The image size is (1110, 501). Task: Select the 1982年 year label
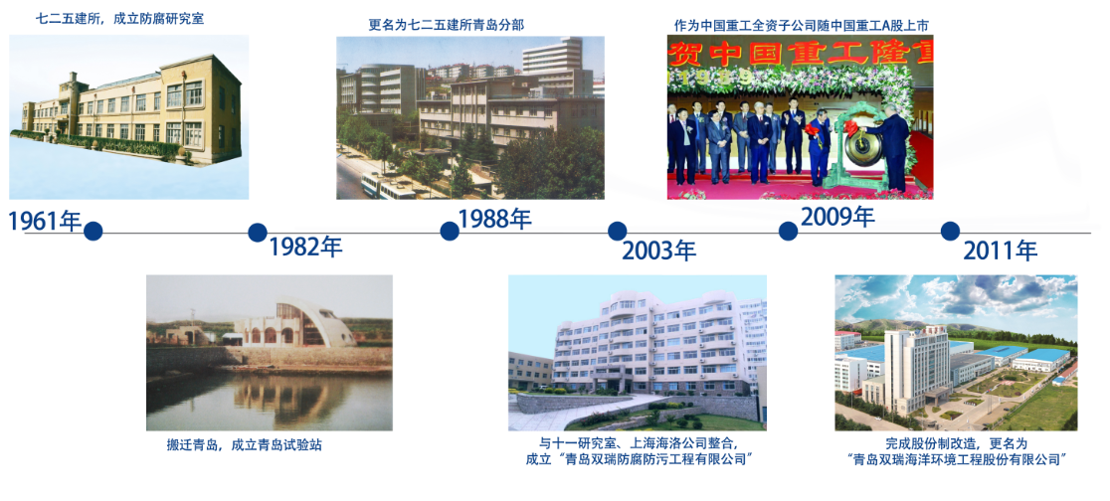click(305, 247)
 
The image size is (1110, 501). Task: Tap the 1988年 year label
click(495, 219)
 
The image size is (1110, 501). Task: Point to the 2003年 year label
click(659, 250)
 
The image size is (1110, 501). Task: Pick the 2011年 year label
click(1001, 250)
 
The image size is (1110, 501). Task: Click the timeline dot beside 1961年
click(93, 232)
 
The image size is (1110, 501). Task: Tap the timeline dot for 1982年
click(258, 232)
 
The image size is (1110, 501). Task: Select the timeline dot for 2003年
click(618, 231)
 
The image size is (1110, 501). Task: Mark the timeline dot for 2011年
click(950, 231)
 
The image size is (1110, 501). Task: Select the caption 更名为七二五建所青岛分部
click(447, 25)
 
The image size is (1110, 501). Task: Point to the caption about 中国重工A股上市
click(802, 26)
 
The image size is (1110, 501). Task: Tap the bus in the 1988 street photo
click(387, 187)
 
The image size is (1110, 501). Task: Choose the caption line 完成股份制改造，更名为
click(956, 443)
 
